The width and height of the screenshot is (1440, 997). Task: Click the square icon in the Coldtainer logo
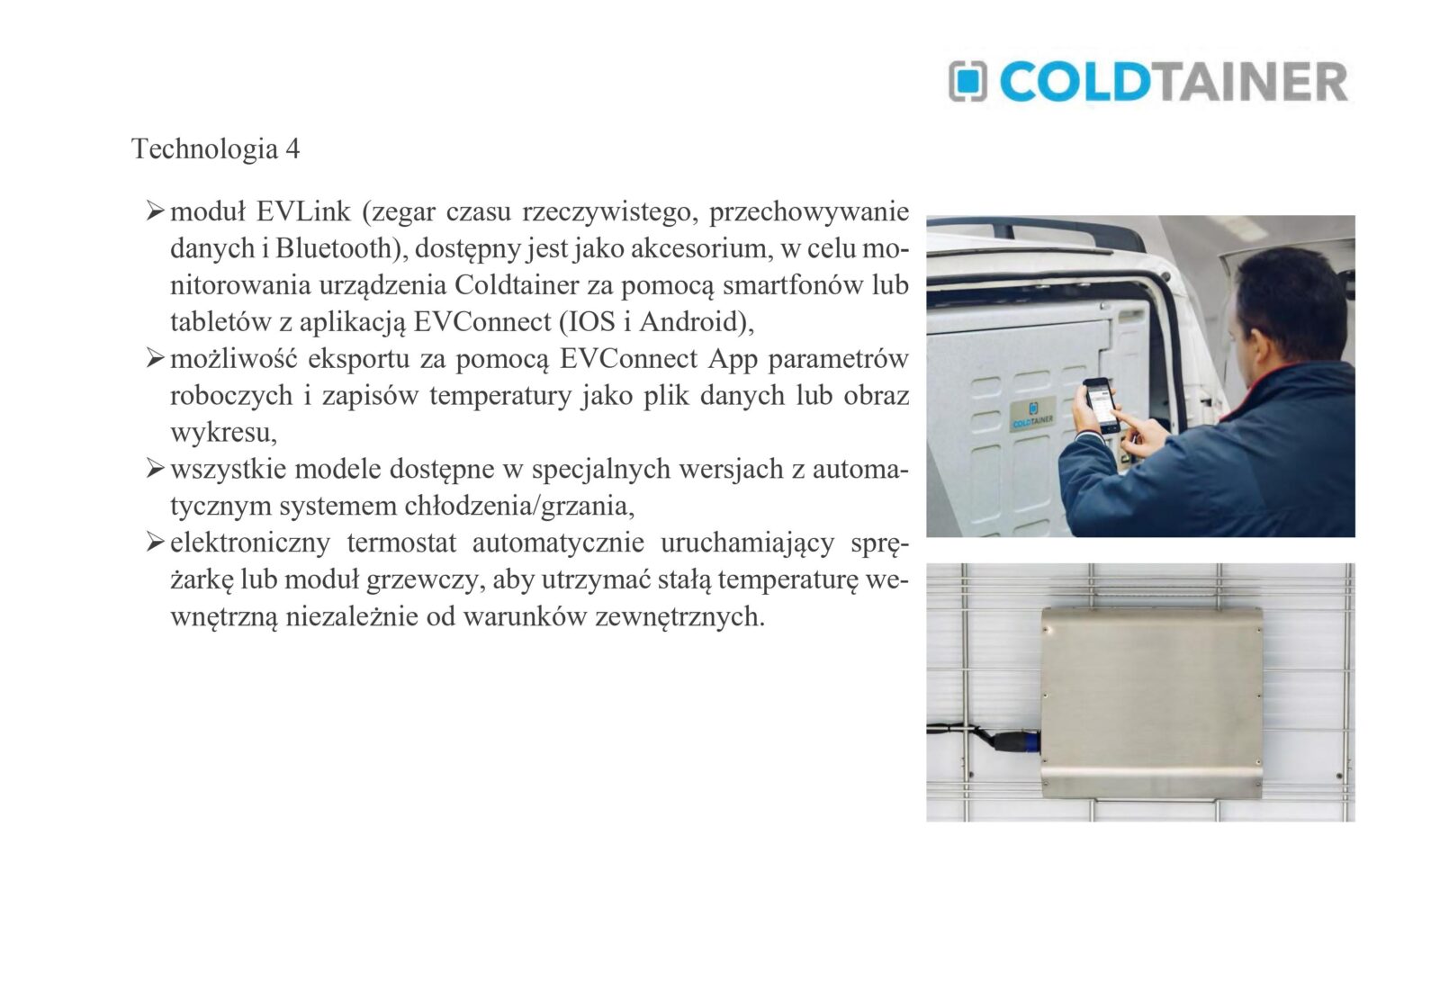pyautogui.click(x=967, y=81)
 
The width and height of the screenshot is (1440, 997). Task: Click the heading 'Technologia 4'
pyautogui.click(x=215, y=149)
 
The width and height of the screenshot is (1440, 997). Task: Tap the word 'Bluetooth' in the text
pyautogui.click(x=334, y=248)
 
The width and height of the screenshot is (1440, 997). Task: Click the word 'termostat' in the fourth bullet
pyautogui.click(x=401, y=543)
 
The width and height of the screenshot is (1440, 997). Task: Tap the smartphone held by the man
pyautogui.click(x=1100, y=404)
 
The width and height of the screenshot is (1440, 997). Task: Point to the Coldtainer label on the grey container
pyautogui.click(x=1032, y=414)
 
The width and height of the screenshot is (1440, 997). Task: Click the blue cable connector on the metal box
pyautogui.click(x=1025, y=741)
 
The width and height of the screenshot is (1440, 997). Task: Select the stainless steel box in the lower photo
pyautogui.click(x=1151, y=703)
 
